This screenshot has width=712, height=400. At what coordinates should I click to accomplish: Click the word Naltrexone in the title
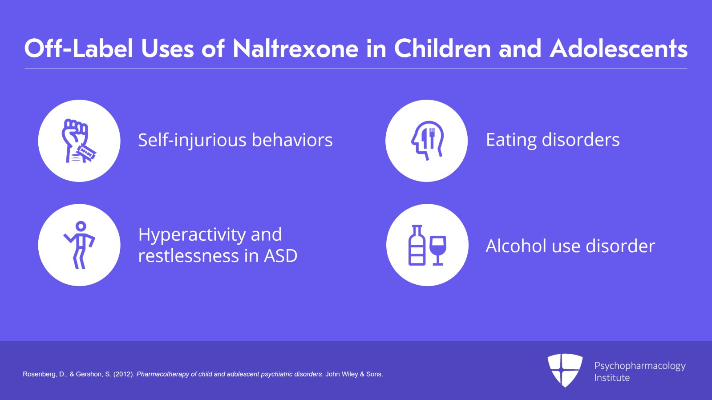295,48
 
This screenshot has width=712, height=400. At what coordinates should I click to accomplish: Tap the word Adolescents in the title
619,48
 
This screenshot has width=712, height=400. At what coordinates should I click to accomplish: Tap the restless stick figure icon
80,245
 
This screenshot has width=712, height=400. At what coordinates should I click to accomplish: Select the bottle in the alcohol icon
417,245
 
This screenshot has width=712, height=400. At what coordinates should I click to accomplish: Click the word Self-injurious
192,140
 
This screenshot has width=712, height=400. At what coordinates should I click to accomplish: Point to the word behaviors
292,140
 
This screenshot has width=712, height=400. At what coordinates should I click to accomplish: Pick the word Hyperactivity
192,235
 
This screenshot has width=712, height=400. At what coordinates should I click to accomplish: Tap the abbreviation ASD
281,256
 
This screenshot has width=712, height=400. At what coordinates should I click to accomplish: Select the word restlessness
189,256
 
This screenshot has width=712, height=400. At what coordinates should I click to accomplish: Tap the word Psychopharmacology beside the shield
640,366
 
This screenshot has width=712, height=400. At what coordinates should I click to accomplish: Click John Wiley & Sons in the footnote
354,374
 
